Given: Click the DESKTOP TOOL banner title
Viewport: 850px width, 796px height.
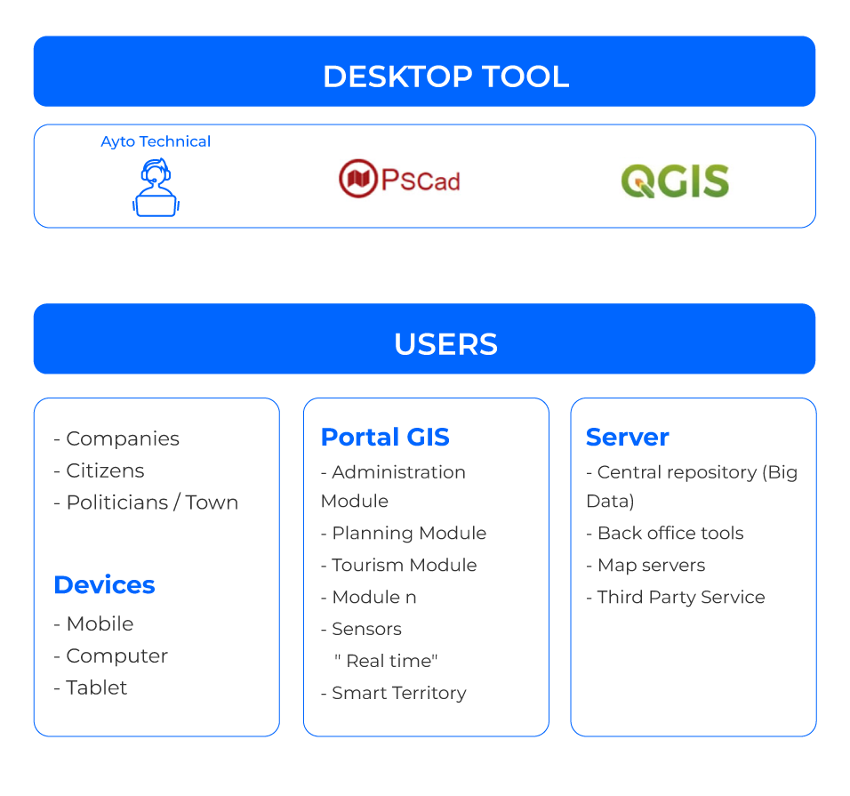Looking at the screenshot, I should click(x=445, y=76).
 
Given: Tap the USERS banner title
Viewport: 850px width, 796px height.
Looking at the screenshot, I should click(x=445, y=344).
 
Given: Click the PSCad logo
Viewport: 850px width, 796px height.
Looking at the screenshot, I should click(x=404, y=177).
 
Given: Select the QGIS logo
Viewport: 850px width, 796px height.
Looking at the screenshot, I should click(x=677, y=181).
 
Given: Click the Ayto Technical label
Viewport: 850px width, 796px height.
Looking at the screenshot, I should click(x=156, y=141).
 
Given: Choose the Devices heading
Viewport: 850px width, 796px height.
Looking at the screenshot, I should click(x=104, y=585).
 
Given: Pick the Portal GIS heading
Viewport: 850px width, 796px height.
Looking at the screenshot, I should click(x=385, y=438).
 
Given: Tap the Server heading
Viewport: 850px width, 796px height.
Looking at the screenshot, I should click(x=627, y=438).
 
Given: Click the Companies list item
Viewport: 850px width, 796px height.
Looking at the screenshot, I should click(x=116, y=438).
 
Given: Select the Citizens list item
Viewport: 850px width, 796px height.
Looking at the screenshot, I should click(x=99, y=470).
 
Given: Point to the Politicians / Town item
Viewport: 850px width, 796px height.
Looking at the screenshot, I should click(x=146, y=503).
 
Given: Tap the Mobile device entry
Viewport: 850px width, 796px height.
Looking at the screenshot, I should click(x=93, y=623).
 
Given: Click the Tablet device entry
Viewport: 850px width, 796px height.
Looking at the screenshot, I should click(x=91, y=687).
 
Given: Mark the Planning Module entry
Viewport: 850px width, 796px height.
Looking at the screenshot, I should click(x=404, y=534).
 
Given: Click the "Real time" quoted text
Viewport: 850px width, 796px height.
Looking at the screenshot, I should click(x=386, y=661).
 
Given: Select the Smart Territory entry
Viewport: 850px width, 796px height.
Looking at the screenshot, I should click(x=393, y=693).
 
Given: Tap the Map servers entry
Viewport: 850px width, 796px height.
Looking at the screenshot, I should click(x=646, y=566).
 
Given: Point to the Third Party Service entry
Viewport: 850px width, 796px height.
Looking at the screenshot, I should click(x=676, y=598).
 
